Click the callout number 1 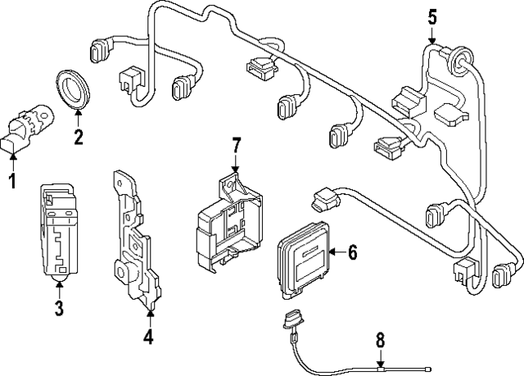click(x=12, y=179)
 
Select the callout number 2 click(x=79, y=137)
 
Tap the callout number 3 click(x=59, y=308)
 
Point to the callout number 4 click(x=148, y=336)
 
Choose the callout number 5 click(x=432, y=16)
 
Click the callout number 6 click(x=353, y=253)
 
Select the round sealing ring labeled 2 click(x=73, y=88)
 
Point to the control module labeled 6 click(x=305, y=256)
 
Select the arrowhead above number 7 click(x=235, y=168)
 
